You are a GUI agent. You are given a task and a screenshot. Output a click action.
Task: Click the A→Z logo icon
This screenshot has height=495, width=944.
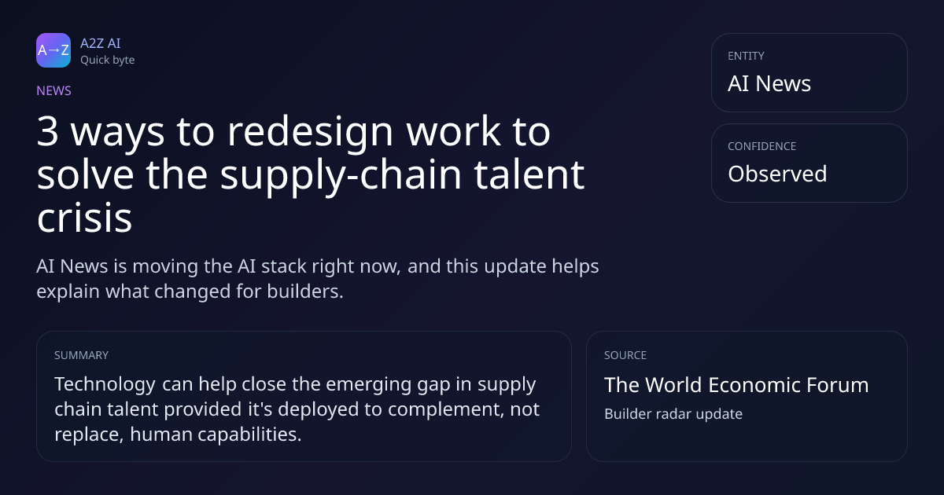coord(53,50)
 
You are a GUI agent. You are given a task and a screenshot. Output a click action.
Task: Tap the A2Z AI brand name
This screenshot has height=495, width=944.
coord(101,43)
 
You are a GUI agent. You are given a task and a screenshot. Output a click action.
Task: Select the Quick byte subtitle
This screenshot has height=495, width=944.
coord(108,60)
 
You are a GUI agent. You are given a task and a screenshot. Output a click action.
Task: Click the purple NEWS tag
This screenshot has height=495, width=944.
coord(53,90)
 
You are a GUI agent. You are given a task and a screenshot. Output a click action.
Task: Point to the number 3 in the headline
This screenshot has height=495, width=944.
coord(48,131)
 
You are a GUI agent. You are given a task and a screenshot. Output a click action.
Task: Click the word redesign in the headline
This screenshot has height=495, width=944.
coord(310,131)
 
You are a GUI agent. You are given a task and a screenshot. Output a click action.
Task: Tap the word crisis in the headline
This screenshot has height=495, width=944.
coord(85,218)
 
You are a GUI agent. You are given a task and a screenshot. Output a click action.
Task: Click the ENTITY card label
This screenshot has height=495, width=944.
coord(746,56)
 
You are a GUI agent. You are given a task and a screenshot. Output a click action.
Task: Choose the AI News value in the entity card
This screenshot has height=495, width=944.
coord(769,83)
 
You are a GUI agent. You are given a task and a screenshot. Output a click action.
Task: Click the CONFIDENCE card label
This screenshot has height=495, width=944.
coord(762,146)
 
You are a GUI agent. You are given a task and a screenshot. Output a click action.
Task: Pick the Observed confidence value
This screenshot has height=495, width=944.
coord(777,174)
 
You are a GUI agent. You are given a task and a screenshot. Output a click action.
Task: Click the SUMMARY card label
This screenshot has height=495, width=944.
coord(81,355)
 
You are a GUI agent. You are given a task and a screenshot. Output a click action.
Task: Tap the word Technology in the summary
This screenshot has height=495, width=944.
coord(105,385)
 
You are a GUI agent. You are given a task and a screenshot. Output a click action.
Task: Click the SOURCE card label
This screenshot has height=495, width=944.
coord(625,355)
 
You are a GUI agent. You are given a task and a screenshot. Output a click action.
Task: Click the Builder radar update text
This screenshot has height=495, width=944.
coord(673,414)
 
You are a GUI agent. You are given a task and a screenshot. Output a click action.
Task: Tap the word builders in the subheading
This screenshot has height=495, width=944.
coord(305,291)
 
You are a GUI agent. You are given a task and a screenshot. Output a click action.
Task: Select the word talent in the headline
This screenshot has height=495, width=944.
coord(529,174)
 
